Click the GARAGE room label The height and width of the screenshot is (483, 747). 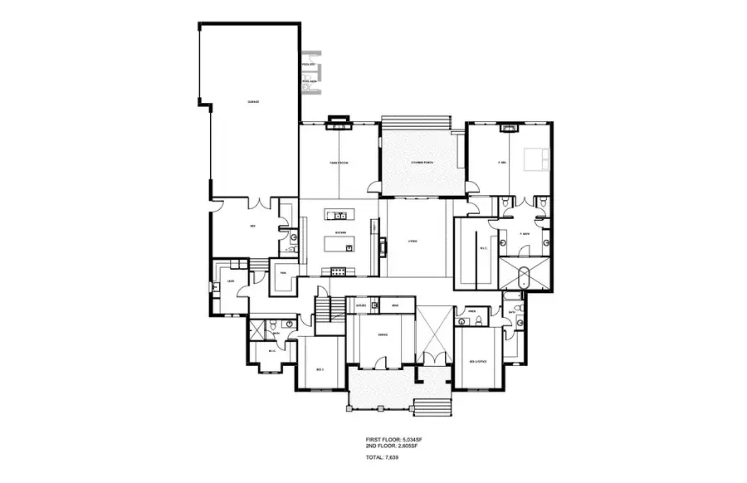click(254, 102)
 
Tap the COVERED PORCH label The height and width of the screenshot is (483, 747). click(422, 163)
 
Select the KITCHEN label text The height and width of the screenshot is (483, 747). click(340, 234)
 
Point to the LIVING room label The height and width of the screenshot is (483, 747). click(412, 242)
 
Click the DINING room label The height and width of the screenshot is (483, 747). click(383, 335)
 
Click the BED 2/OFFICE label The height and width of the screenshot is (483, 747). click(478, 363)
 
